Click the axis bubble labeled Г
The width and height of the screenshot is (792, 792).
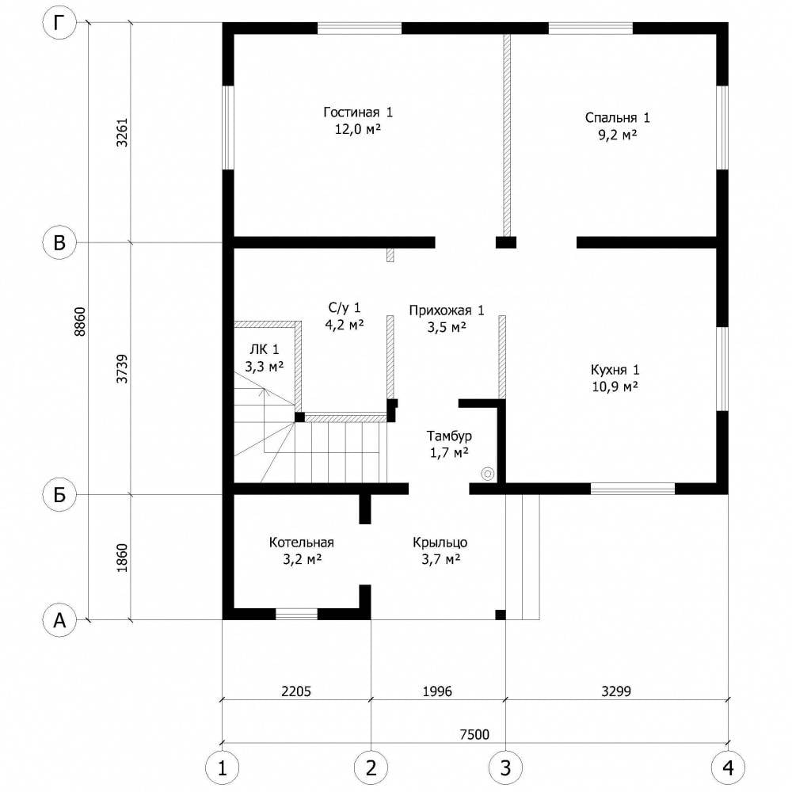pyautogui.click(x=59, y=24)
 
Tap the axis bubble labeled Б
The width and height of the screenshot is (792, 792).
pyautogui.click(x=59, y=495)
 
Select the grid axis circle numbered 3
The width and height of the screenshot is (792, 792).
pyautogui.click(x=505, y=768)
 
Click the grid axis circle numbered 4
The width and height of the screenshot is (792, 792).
pyautogui.click(x=728, y=768)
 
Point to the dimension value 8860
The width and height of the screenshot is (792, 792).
pyautogui.click(x=80, y=322)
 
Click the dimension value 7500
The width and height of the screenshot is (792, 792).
pyautogui.click(x=474, y=734)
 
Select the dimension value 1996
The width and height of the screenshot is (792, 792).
pyautogui.click(x=437, y=691)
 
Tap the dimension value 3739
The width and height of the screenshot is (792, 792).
pyautogui.click(x=122, y=369)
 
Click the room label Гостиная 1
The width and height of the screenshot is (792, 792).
pyautogui.click(x=358, y=112)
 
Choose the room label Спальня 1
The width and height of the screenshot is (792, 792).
pyautogui.click(x=617, y=118)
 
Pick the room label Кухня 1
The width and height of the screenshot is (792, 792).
pyautogui.click(x=615, y=370)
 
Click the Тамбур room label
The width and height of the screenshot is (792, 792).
pyautogui.click(x=449, y=436)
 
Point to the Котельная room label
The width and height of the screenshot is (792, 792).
pyautogui.click(x=301, y=543)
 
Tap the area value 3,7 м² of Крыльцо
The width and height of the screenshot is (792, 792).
pyautogui.click(x=440, y=559)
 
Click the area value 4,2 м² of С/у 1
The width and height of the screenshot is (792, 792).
pyautogui.click(x=345, y=324)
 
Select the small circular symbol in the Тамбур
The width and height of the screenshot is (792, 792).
pyautogui.click(x=487, y=474)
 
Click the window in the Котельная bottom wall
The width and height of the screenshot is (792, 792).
pyautogui.click(x=296, y=614)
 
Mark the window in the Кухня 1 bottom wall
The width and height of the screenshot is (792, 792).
pyautogui.click(x=632, y=489)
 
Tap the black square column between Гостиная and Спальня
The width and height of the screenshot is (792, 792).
pyautogui.click(x=505, y=242)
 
